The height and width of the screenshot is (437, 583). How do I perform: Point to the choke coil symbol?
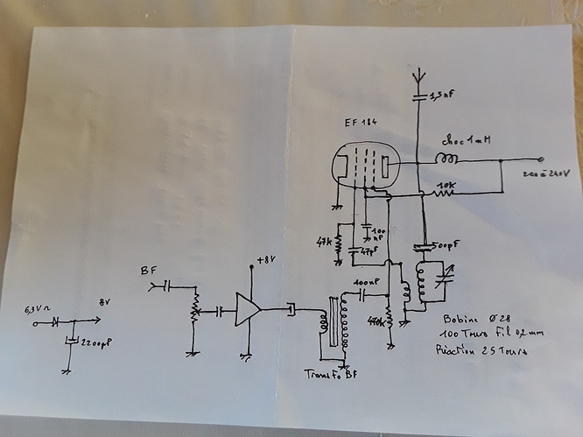pos(446,159)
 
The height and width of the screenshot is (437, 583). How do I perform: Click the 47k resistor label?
pos(325,239)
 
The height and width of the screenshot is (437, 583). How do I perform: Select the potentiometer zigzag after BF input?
pos(194,307)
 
